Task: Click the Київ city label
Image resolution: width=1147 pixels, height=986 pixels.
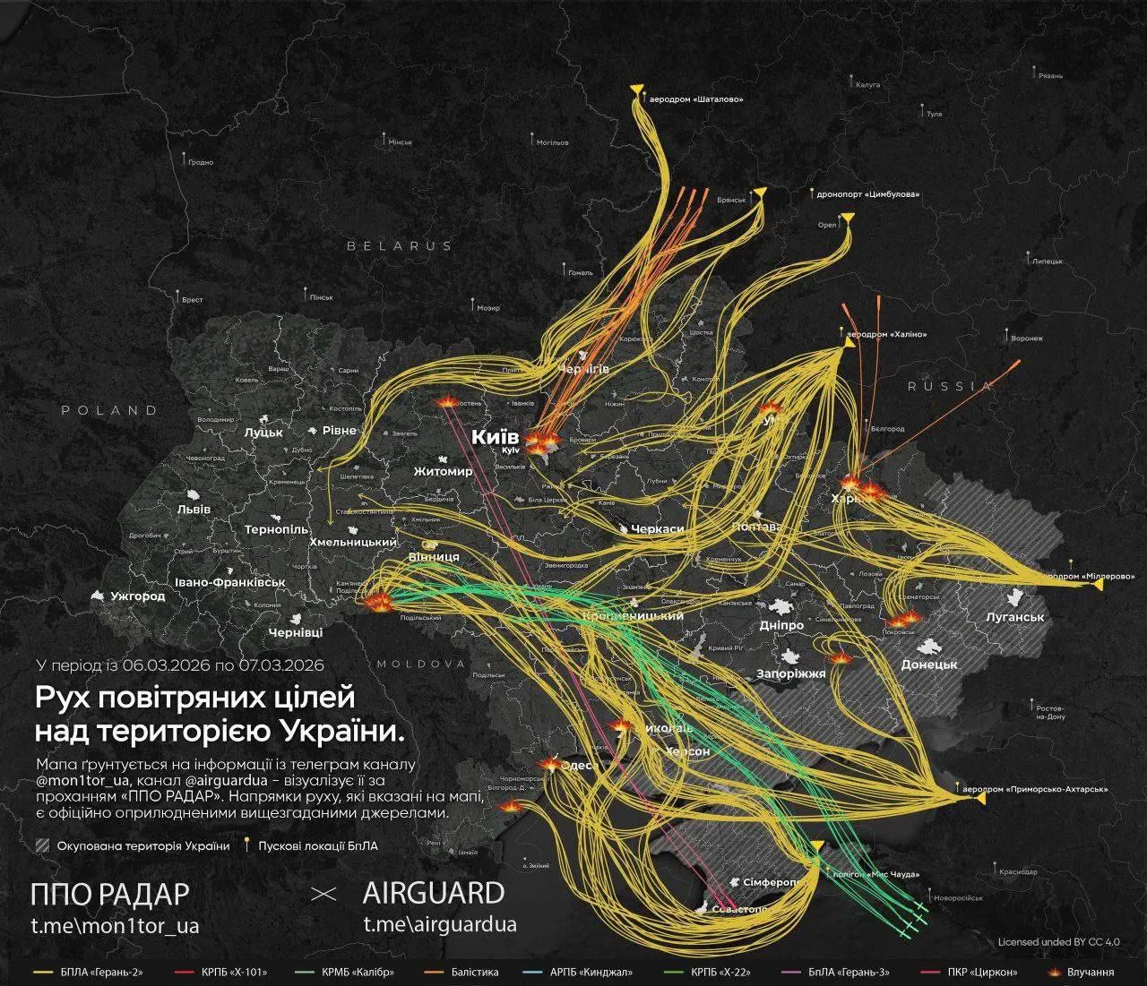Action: [x=496, y=437]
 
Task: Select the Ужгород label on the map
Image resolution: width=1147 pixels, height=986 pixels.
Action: [x=137, y=596]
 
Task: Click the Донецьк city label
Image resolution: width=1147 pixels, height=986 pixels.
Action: [x=929, y=664]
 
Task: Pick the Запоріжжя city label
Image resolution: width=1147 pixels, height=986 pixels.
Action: [x=791, y=673]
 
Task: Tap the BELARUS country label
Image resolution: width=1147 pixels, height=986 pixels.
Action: [x=400, y=245]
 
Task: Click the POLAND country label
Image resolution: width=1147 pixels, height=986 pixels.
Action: [x=109, y=410]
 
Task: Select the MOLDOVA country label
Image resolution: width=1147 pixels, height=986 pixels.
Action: [x=421, y=664]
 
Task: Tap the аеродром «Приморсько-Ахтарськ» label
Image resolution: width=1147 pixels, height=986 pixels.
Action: [x=1035, y=790]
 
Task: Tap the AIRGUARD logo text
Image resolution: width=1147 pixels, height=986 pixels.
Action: [x=433, y=893]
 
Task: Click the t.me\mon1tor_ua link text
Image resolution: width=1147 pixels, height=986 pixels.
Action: [x=115, y=924]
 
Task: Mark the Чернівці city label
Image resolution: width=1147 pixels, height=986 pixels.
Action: [x=296, y=632]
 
